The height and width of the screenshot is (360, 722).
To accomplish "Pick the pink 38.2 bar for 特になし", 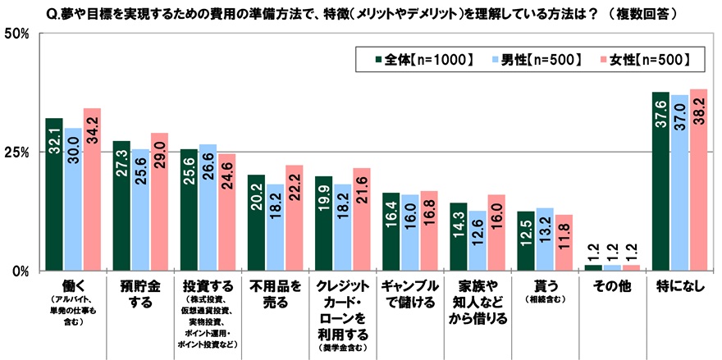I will click(697, 180).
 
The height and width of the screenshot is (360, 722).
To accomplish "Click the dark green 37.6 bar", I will click(660, 181).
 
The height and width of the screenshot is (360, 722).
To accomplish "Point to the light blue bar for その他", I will click(611, 267).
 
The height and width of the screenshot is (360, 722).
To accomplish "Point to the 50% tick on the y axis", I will click(17, 34).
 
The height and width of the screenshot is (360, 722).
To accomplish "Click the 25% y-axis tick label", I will click(17, 153).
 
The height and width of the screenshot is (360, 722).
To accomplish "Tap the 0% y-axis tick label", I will click(21, 271).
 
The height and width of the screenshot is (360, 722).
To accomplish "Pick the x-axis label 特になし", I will click(678, 288).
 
